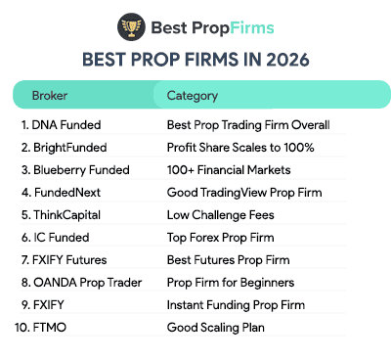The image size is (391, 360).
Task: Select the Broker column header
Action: (50, 96)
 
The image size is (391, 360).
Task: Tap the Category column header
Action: (193, 96)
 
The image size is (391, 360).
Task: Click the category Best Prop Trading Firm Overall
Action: (249, 125)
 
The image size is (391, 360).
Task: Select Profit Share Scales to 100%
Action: (240, 148)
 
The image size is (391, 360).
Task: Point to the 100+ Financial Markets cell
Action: (234, 170)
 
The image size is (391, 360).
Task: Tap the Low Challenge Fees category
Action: (221, 215)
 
